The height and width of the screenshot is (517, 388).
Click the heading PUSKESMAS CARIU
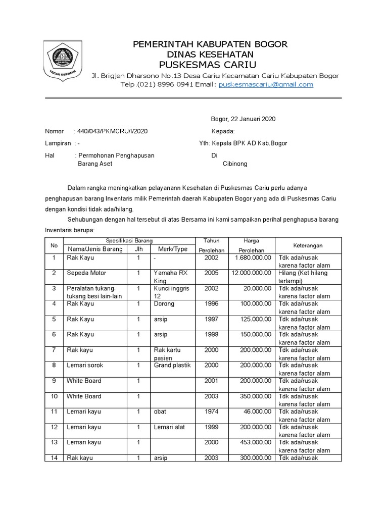(208, 65)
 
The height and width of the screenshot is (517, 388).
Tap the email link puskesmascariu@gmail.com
(266, 84)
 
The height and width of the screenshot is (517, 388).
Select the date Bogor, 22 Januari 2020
(243, 119)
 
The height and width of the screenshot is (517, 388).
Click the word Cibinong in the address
(235, 164)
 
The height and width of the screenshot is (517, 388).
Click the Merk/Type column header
(172, 249)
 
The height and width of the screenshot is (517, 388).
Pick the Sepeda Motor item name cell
(86, 273)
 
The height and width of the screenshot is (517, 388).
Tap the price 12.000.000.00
(251, 273)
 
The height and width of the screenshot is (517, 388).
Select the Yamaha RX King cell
(170, 277)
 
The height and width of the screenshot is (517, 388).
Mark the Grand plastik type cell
(172, 366)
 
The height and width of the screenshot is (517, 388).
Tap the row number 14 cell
(54, 458)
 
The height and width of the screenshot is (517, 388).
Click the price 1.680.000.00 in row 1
(253, 257)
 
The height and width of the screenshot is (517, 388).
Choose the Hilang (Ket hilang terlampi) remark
(303, 277)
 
